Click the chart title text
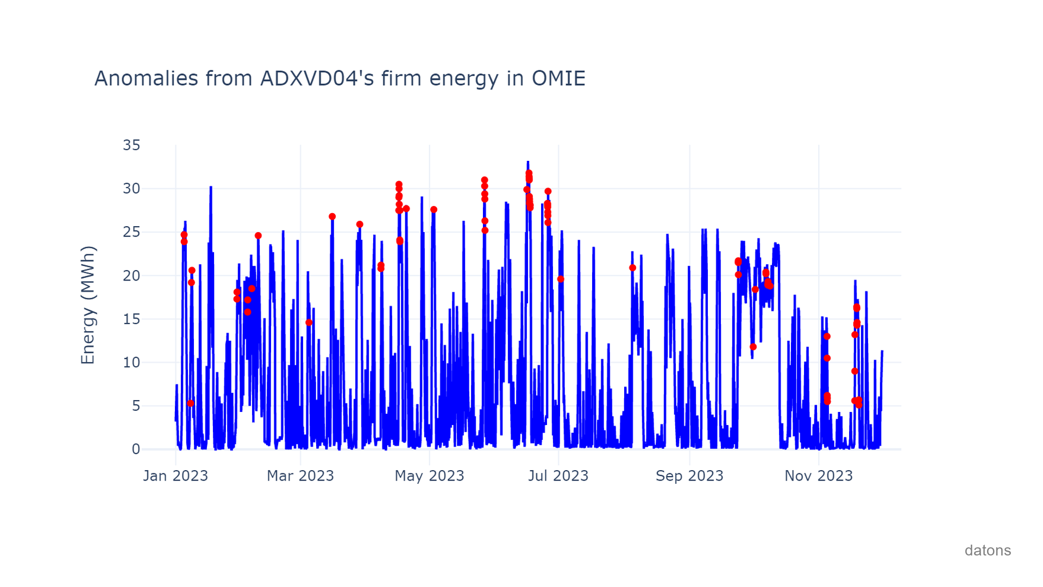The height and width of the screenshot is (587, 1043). (340, 79)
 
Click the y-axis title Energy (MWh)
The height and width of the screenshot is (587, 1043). (88, 305)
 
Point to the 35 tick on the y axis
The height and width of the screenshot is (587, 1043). (131, 145)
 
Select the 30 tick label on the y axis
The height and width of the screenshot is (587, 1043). (131, 189)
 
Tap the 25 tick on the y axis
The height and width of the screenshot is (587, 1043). (131, 232)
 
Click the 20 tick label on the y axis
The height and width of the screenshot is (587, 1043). (131, 276)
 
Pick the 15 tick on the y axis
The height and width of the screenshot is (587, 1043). (131, 319)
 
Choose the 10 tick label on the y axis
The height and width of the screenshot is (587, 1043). (131, 363)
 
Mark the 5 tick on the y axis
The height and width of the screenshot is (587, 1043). (136, 406)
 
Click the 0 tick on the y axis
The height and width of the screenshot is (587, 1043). (136, 449)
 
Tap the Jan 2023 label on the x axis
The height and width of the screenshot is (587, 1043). (175, 476)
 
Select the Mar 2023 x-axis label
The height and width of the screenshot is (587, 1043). (300, 476)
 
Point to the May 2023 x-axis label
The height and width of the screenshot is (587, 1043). (430, 476)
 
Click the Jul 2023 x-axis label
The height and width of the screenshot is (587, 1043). (558, 476)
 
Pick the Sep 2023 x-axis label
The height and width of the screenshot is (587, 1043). (690, 476)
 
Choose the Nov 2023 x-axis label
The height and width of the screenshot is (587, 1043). (819, 476)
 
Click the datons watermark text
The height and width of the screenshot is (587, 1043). (988, 551)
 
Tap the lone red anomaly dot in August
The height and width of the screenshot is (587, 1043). (632, 268)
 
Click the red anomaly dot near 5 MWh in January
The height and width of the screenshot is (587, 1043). (191, 403)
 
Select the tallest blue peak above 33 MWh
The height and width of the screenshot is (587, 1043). (527, 162)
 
